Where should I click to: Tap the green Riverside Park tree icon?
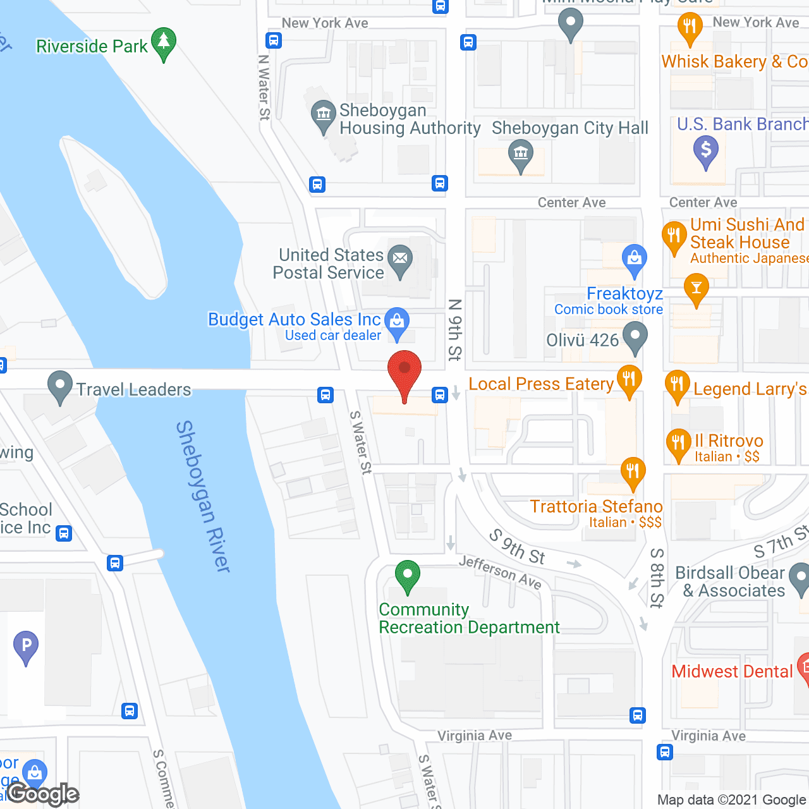(164, 43)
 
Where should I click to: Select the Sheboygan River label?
(203, 497)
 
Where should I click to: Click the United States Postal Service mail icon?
(399, 260)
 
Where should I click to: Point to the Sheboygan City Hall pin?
(520, 155)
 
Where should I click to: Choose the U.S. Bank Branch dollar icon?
(705, 152)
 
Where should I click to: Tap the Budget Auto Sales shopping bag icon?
(397, 322)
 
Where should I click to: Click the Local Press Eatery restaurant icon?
(629, 380)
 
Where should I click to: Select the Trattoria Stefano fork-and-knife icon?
(633, 473)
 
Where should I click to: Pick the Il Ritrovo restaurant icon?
(678, 444)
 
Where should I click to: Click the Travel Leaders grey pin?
(60, 386)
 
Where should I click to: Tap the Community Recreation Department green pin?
(408, 576)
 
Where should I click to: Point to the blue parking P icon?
(26, 647)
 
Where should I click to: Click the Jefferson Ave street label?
(500, 572)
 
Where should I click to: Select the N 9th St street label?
(454, 329)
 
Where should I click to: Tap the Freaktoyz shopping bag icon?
(634, 259)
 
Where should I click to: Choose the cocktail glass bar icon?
(696, 289)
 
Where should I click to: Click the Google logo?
(43, 794)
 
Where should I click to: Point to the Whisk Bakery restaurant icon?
(690, 28)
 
